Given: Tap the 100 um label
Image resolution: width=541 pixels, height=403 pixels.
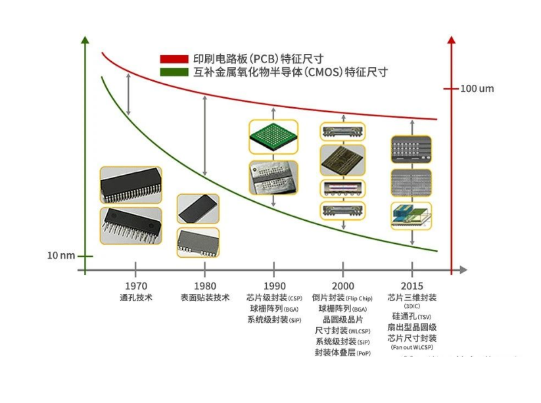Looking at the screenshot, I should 477,89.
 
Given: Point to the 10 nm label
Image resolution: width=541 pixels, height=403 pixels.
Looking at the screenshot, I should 60,256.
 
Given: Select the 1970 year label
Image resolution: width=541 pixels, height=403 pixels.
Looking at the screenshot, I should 135,286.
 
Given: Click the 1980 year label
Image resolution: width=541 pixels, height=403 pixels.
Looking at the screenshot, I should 205,286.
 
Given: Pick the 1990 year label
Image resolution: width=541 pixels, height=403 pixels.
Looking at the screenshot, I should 274,286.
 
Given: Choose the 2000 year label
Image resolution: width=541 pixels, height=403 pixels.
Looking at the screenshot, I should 342,286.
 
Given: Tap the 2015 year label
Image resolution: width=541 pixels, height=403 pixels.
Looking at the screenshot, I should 412,286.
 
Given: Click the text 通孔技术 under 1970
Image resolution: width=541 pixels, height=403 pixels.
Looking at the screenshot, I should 135,298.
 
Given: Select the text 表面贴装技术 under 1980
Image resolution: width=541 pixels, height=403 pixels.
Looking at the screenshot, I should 205,298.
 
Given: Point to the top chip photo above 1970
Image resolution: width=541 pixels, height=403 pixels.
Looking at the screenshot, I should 131,185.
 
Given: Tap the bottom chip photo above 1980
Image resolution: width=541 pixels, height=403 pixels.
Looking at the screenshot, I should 198,242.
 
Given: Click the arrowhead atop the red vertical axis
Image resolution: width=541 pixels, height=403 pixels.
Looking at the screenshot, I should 451,39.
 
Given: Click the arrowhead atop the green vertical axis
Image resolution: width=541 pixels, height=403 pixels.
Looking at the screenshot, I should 85,39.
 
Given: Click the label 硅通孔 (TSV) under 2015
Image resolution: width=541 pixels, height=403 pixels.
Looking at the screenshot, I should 412,316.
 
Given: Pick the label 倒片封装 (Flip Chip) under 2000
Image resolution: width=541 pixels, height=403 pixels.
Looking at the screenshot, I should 342,298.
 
